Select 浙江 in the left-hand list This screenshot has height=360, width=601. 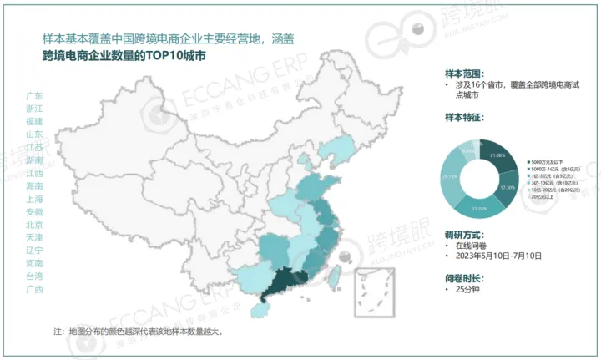(35, 109)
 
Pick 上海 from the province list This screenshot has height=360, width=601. (35, 199)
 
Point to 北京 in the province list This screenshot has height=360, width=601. (35, 225)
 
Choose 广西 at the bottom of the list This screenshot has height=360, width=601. (35, 289)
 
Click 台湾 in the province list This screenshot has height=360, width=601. (35, 276)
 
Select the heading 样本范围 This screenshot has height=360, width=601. (464, 74)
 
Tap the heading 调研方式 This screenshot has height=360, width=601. (464, 233)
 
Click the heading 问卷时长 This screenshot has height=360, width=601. (464, 277)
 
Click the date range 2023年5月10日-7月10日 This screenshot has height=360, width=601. (499, 256)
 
